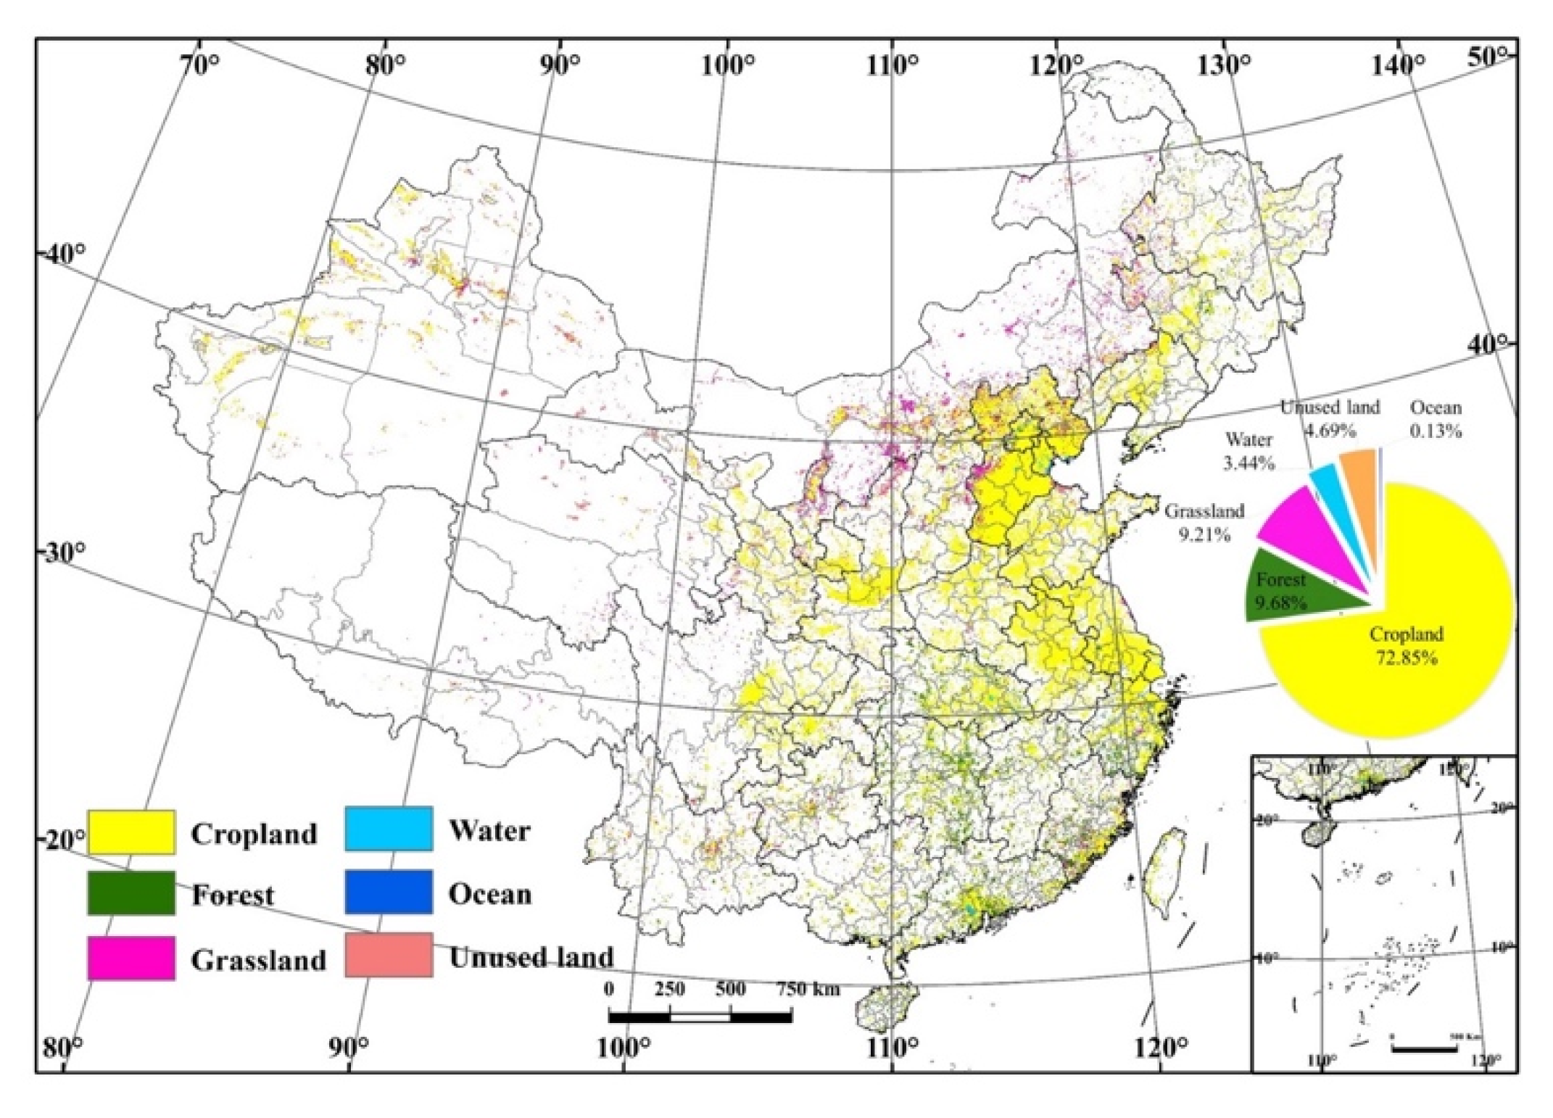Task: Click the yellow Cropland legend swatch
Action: click(131, 832)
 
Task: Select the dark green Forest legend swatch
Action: click(131, 893)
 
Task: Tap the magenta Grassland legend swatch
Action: click(131, 958)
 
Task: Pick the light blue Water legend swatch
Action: click(389, 828)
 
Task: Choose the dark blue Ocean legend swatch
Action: click(389, 892)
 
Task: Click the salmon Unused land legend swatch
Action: click(389, 955)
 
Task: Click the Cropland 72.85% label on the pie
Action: click(1406, 646)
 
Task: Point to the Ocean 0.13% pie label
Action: click(1435, 419)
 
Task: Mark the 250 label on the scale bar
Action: click(669, 989)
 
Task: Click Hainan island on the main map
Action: click(886, 1006)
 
